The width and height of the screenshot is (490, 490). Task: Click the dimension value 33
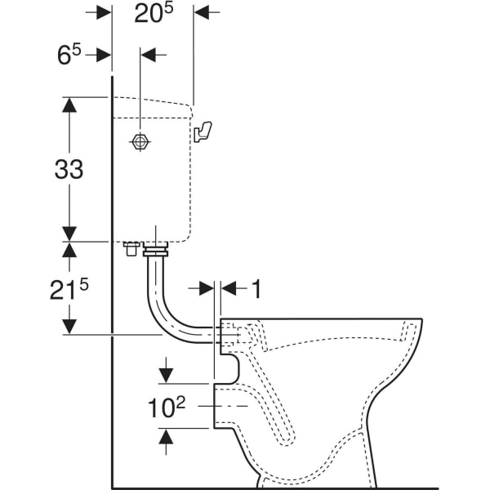point(69,169)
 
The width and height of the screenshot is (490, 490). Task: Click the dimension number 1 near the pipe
point(256,288)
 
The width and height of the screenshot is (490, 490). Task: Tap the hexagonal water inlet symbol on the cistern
point(140,142)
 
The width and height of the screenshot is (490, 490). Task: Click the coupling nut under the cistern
point(155,249)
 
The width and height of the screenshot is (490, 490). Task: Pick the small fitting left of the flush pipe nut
point(129,248)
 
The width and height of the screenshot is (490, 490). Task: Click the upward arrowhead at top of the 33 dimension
point(69,105)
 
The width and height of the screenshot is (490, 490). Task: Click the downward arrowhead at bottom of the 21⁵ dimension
point(69,326)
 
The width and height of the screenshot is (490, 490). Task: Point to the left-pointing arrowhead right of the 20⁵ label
point(202,13)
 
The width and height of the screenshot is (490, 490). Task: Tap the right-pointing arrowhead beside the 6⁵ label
point(104,55)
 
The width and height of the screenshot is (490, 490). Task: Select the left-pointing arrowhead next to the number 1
point(228,288)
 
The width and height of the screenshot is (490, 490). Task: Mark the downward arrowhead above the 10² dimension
point(166,374)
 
